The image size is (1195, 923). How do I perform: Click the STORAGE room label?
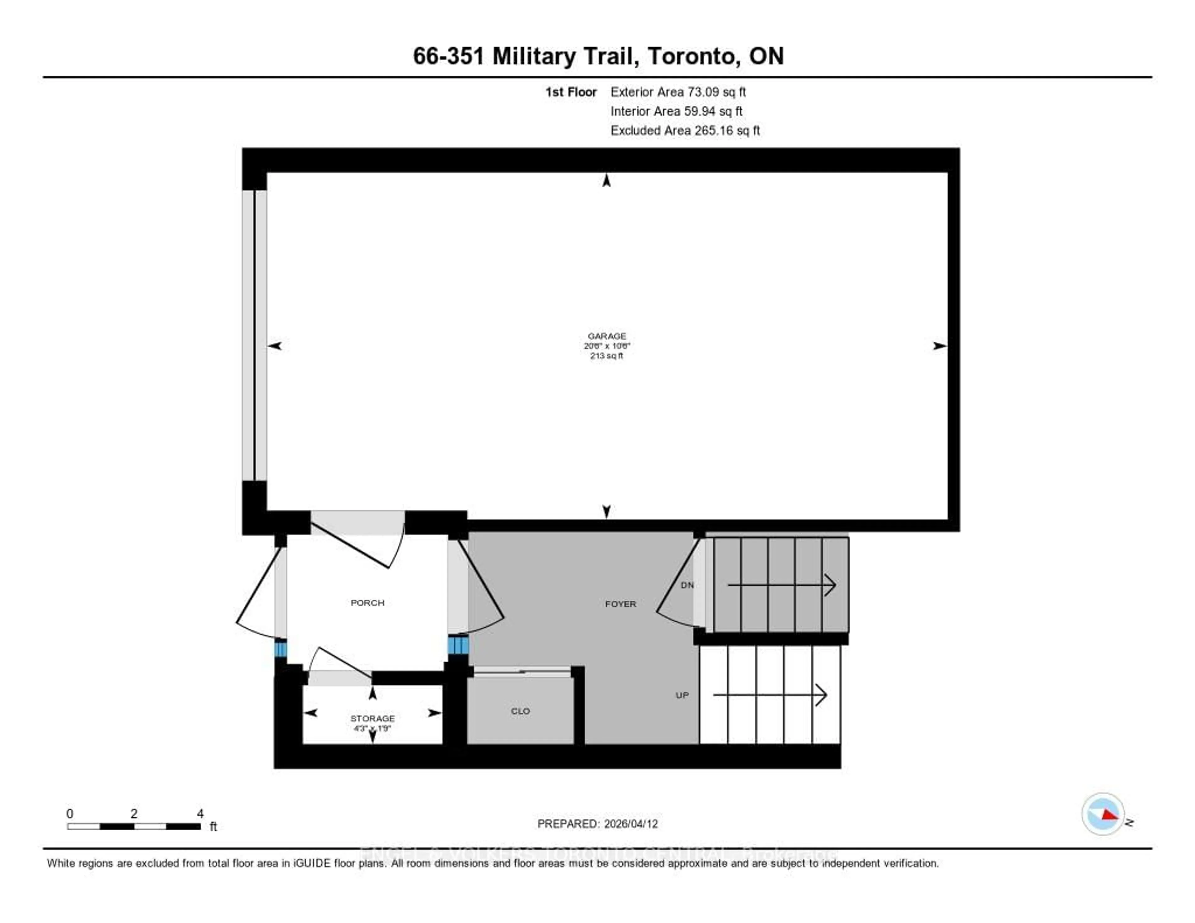[372, 718]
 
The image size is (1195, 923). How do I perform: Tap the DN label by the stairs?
[687, 585]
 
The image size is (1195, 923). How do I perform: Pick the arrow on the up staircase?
[769, 695]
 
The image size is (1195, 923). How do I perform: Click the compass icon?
[1103, 813]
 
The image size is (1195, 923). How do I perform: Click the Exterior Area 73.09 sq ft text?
[678, 92]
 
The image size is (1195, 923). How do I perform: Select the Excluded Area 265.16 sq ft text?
[685, 130]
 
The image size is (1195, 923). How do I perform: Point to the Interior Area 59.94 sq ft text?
[676, 111]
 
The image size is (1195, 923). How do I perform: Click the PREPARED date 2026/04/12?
[597, 823]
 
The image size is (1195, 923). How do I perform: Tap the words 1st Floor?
[571, 92]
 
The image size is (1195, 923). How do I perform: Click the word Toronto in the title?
[691, 56]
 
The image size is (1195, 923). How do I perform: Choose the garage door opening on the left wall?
[255, 335]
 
